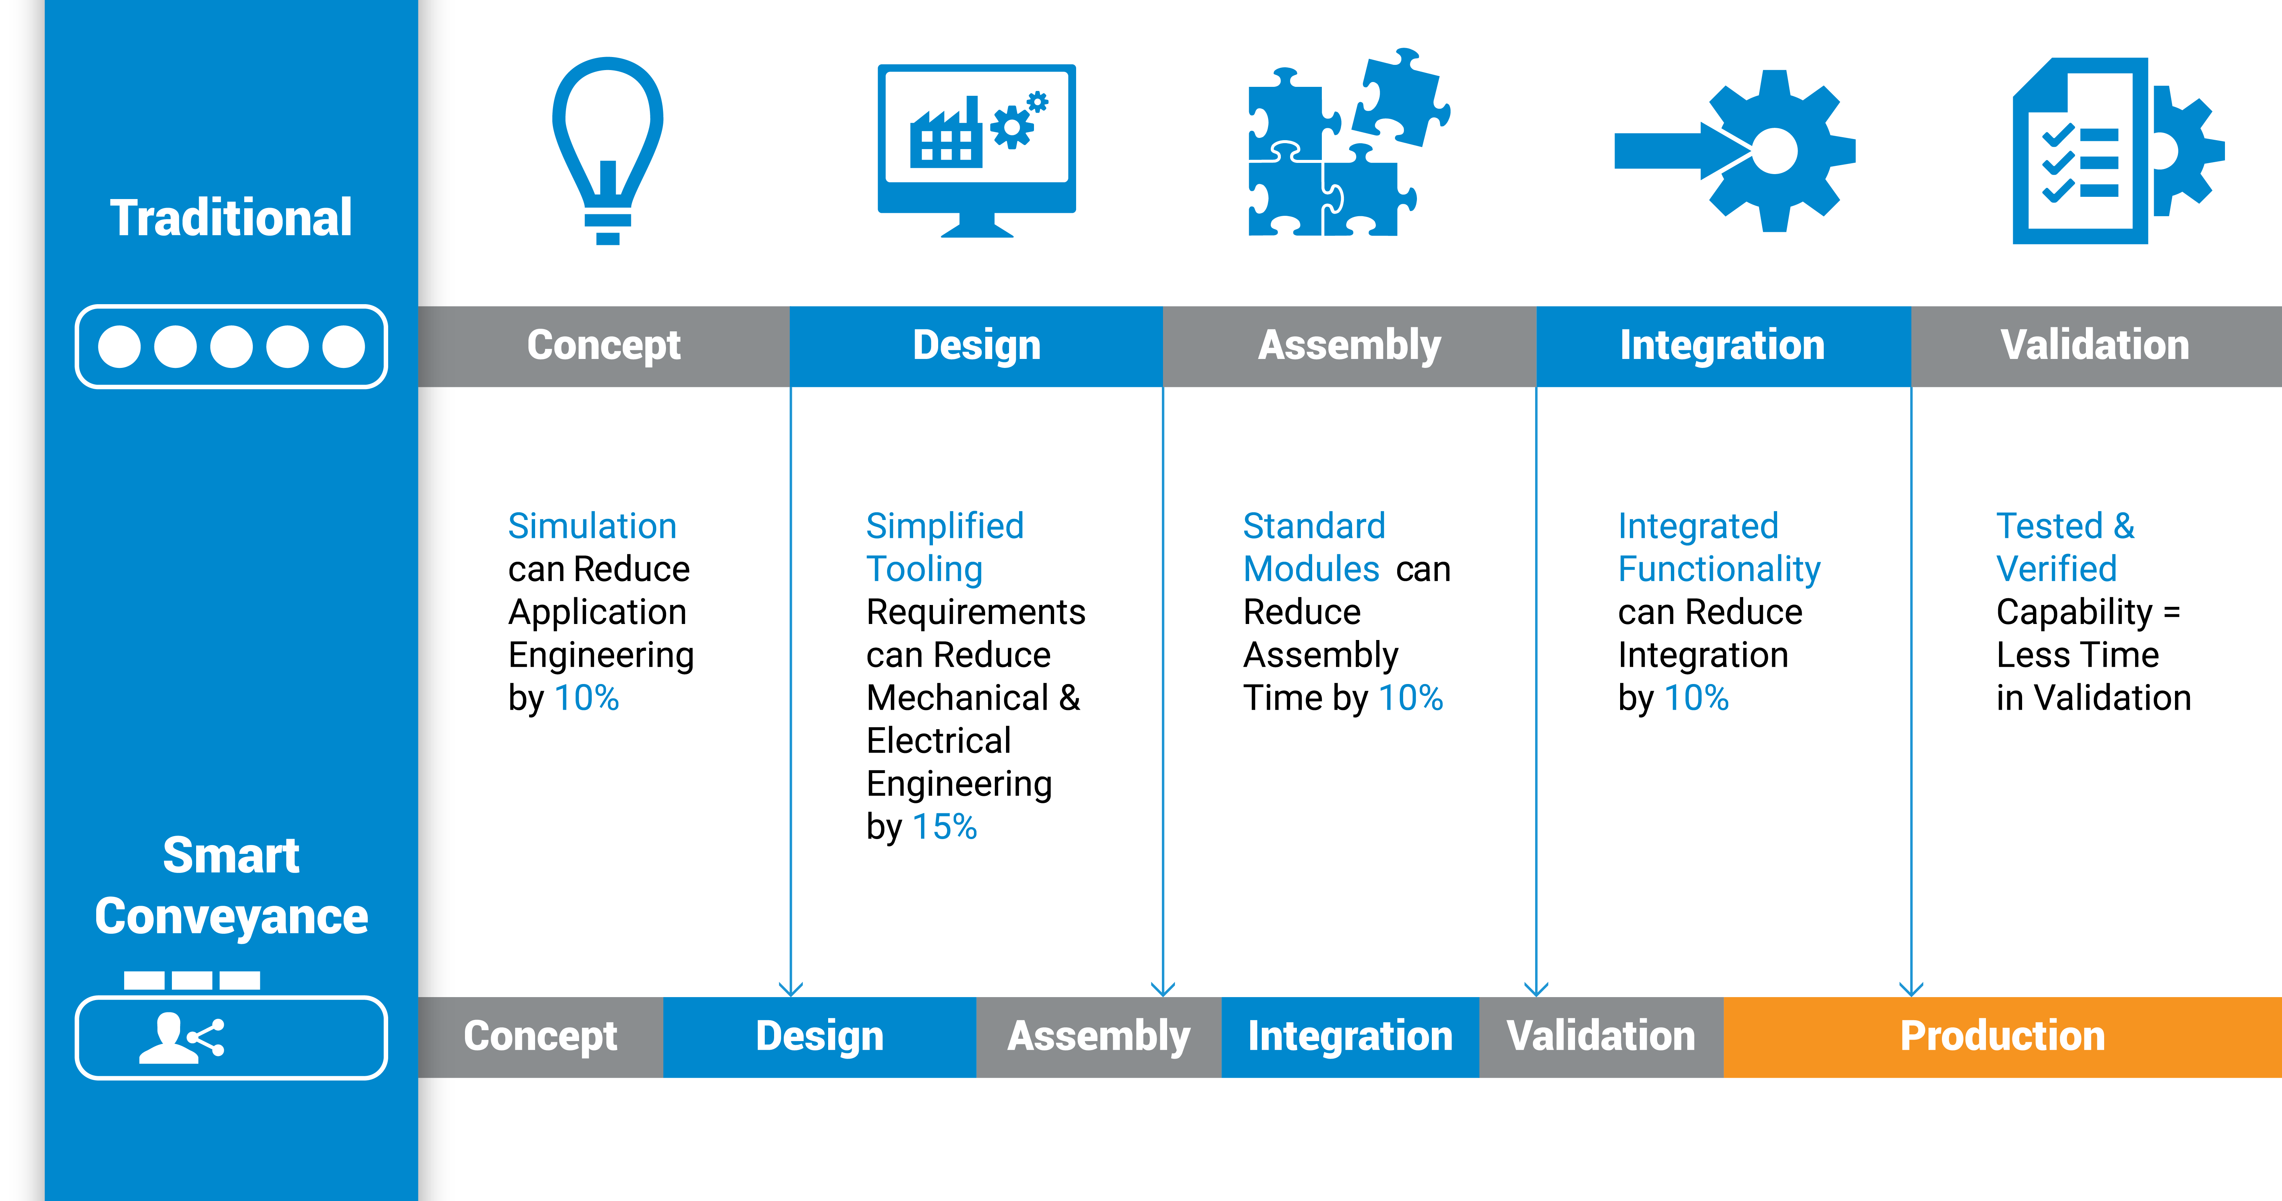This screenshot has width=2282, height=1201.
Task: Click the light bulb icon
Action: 608,149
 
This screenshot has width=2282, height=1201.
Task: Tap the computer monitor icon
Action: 976,149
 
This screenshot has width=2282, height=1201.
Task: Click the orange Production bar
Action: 2002,1036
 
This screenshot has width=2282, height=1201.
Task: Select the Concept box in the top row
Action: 603,346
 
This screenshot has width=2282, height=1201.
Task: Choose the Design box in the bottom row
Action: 820,1036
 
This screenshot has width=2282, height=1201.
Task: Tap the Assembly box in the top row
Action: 1349,346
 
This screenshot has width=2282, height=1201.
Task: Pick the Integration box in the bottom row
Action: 1350,1036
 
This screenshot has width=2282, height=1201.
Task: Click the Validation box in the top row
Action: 2095,346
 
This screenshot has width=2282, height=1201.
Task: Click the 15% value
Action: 944,826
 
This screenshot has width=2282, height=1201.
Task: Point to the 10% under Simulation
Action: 587,698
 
